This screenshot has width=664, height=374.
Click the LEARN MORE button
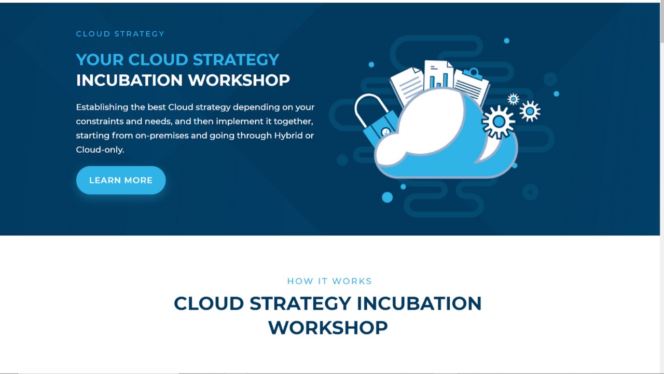coord(121,180)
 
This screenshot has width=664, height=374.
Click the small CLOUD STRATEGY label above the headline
coord(120,34)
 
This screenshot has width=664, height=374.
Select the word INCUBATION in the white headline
coord(129,80)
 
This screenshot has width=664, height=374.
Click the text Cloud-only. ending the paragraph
coord(100,150)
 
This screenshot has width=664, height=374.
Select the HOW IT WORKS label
coord(329,281)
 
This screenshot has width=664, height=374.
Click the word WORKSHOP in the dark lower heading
coord(328,328)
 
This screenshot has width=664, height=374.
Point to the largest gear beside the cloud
coord(499,122)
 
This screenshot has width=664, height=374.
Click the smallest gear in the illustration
coord(513,99)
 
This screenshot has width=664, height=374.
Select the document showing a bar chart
coord(438,75)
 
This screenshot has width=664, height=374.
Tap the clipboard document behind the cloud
coord(471,86)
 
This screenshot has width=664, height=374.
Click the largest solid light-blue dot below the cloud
coord(387,197)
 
